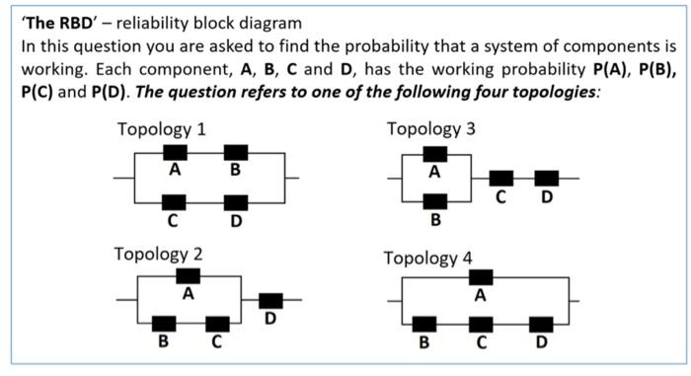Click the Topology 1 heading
(x=161, y=130)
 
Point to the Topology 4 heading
(x=428, y=259)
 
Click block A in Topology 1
(x=175, y=153)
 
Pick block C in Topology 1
(x=175, y=203)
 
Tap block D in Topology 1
(x=235, y=203)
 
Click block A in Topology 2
(x=188, y=275)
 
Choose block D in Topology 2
(x=269, y=300)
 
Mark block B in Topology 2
(x=164, y=324)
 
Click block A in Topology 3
(x=434, y=154)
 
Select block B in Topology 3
(x=434, y=203)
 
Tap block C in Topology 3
(x=501, y=179)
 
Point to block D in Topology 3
(x=546, y=179)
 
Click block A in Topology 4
(x=481, y=276)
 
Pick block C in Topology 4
(x=481, y=324)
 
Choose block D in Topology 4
(x=540, y=324)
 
